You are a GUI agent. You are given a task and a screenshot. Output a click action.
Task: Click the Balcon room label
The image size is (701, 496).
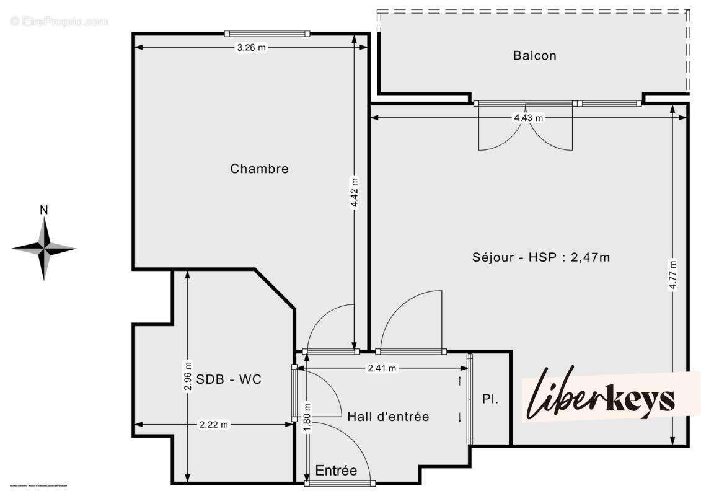(534, 55)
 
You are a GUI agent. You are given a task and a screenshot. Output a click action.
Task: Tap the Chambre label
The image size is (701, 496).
(259, 169)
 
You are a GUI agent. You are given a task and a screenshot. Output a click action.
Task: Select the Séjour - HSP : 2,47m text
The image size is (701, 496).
(540, 257)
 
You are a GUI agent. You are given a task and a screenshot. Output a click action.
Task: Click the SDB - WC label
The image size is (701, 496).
(229, 379)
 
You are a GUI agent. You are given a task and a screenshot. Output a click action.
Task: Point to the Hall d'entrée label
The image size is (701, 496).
(388, 417)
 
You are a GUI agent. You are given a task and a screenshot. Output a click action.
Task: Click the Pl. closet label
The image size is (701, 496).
(490, 400)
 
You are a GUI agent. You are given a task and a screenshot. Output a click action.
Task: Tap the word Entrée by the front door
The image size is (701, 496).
(336, 471)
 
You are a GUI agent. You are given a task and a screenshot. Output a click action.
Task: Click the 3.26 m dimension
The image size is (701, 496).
(252, 48)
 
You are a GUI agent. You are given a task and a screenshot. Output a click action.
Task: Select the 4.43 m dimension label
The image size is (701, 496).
(528, 118)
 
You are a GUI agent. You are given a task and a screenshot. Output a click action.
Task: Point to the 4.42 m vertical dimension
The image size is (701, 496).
(354, 193)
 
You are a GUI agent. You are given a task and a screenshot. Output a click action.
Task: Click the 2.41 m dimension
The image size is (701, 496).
(382, 368)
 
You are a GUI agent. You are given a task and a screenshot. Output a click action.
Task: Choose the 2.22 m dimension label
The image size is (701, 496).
(214, 425)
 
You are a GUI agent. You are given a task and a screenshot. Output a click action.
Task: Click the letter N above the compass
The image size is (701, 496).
(43, 210)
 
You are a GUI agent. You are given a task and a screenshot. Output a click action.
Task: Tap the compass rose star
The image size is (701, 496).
(44, 249)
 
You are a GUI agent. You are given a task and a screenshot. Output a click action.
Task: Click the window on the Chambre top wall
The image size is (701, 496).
(267, 33)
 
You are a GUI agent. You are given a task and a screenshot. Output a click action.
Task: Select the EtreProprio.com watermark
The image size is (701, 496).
(59, 21)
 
